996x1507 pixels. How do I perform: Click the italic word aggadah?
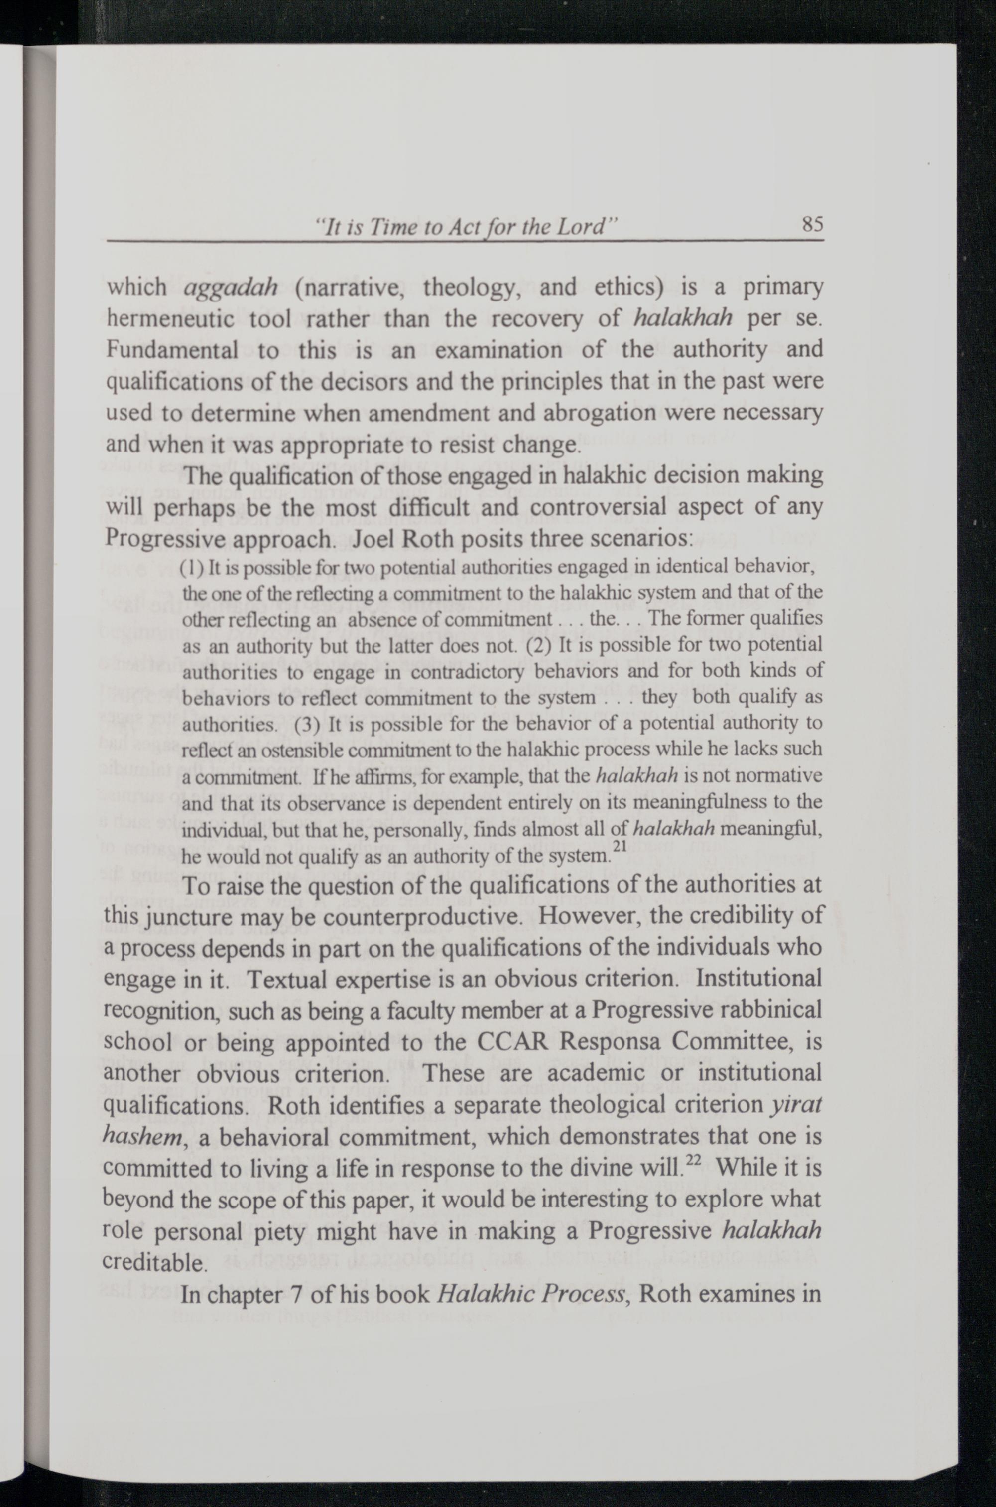click(230, 287)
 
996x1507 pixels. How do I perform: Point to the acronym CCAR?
click(510, 1043)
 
